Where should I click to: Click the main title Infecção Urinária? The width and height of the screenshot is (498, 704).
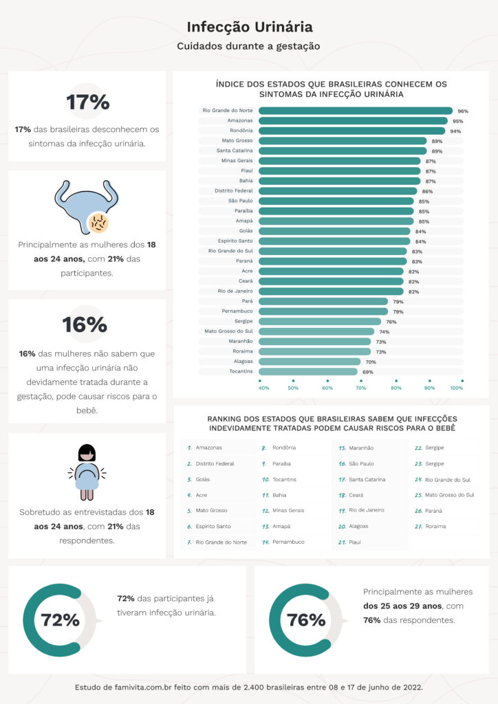(249, 27)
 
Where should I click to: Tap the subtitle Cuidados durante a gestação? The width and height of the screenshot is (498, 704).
(249, 47)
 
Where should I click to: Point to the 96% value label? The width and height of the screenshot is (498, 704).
(463, 111)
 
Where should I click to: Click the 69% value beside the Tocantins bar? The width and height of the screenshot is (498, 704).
(367, 372)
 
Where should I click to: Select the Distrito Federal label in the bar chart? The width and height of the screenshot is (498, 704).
(234, 191)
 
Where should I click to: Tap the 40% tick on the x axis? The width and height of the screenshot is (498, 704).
(263, 388)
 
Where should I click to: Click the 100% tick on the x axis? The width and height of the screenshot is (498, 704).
(457, 388)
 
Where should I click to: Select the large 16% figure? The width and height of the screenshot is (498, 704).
(85, 324)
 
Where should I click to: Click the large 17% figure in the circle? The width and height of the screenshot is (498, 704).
(87, 102)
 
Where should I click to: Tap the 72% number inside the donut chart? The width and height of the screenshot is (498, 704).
(61, 620)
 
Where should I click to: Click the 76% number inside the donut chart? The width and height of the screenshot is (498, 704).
(306, 620)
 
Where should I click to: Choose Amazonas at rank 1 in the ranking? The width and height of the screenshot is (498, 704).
(208, 448)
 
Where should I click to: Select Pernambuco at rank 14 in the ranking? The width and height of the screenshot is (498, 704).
(288, 542)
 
